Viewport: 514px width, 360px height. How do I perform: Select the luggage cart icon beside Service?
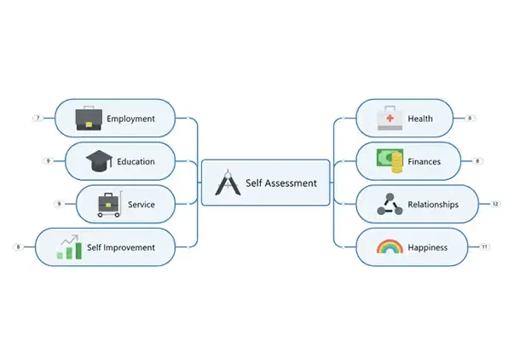[108, 204]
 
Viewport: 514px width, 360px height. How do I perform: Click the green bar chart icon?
[68, 247]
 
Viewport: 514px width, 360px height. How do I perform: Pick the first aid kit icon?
[390, 119]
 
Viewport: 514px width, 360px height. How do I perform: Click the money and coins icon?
[390, 160]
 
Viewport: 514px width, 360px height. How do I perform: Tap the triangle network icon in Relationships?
[390, 204]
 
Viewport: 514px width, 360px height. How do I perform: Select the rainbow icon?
[390, 247]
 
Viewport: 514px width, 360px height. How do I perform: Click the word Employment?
[130, 119]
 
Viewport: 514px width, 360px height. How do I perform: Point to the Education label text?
[136, 161]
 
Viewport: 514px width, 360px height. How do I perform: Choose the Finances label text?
[424, 161]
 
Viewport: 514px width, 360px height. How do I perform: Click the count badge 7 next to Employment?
[38, 119]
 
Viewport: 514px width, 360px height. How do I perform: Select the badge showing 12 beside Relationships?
[495, 204]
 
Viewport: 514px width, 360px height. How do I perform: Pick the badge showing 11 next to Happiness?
[484, 247]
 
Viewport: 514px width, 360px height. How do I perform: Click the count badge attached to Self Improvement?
[18, 247]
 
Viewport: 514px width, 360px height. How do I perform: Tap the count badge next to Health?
[470, 119]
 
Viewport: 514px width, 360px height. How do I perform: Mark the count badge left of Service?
[59, 204]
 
